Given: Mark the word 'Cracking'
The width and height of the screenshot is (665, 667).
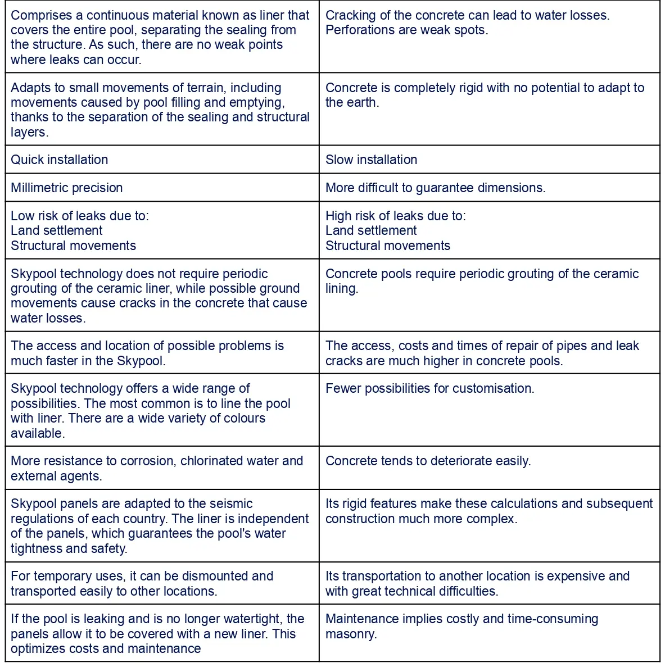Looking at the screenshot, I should point(350,15).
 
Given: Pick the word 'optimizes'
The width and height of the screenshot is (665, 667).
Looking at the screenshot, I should point(38,648).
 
